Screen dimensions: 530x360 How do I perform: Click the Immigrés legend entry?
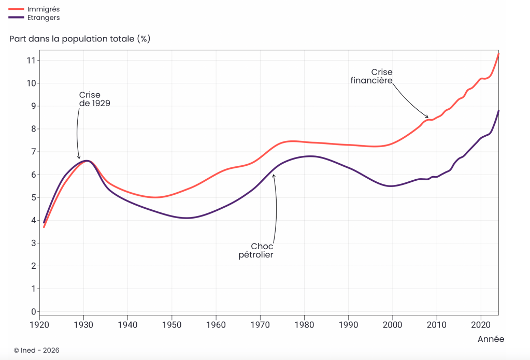click(34, 9)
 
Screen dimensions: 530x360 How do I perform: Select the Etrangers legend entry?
click(34, 18)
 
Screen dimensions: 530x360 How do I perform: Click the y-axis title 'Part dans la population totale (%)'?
click(80, 39)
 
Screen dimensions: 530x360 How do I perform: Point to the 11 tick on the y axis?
click(31, 61)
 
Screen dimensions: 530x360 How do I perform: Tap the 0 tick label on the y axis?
click(34, 312)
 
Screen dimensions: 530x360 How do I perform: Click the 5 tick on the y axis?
click(34, 197)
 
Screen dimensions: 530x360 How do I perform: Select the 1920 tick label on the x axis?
click(39, 325)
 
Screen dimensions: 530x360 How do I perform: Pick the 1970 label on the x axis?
click(260, 325)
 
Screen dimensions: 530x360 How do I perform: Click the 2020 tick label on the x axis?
click(481, 325)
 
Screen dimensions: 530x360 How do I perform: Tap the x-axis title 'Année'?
click(491, 339)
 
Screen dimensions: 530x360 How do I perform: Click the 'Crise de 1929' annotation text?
click(95, 99)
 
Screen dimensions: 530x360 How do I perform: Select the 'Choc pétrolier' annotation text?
click(256, 251)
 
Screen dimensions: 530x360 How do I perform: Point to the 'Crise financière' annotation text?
click(371, 76)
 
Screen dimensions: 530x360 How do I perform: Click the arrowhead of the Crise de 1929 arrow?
click(79, 157)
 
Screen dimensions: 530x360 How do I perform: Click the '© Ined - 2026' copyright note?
click(36, 350)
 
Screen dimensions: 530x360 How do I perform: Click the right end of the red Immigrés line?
click(498, 54)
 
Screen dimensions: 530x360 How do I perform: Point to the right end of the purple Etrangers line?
click(498, 111)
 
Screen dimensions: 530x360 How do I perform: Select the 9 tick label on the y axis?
click(34, 106)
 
